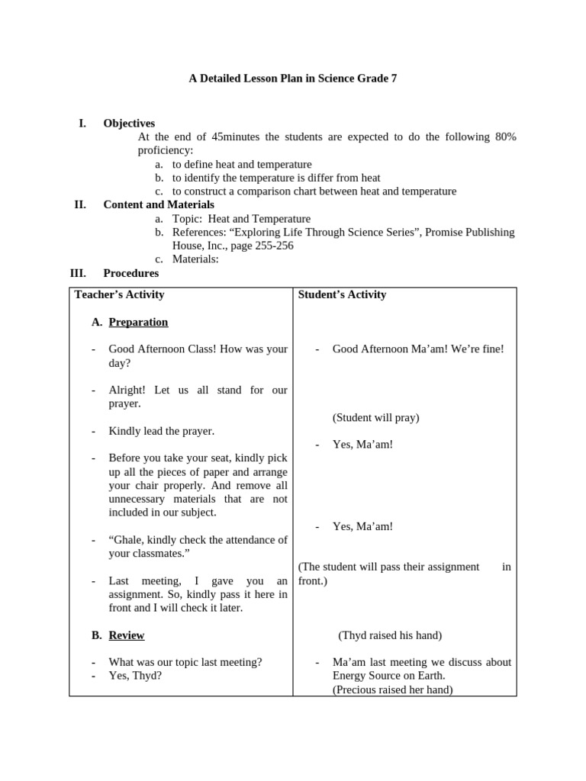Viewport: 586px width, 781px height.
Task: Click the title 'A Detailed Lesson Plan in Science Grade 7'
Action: [293, 79]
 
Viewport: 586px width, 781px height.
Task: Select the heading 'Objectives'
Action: [129, 123]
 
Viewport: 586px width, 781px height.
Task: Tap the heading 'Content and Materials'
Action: [159, 204]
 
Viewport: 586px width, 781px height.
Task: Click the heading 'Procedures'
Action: [130, 273]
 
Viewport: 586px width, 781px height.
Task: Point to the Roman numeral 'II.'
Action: [80, 204]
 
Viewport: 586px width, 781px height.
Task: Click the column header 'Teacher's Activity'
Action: [119, 294]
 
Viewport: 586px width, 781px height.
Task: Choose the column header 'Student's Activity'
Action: [342, 294]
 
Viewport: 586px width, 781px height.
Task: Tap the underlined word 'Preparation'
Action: [138, 322]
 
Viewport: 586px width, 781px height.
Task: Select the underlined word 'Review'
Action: [127, 635]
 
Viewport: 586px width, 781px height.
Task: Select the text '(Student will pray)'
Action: [375, 417]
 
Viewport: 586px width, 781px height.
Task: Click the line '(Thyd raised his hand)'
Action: [390, 635]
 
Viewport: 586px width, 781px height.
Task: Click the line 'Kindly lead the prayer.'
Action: [162, 431]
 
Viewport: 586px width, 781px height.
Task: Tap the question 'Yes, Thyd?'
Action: [135, 676]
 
